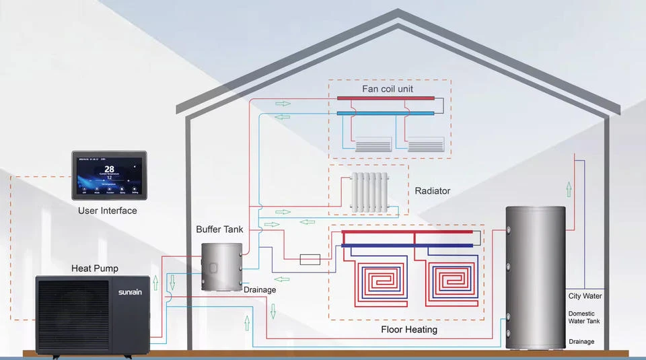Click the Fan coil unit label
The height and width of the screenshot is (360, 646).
[x=388, y=89]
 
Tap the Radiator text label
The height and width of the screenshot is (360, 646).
[x=432, y=191]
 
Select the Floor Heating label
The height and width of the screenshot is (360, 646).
[x=408, y=330]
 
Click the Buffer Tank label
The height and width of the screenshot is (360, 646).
[x=219, y=229]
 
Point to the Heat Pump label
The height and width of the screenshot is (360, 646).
[x=94, y=268]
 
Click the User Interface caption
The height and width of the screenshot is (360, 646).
[x=107, y=211]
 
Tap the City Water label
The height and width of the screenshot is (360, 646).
[x=585, y=296]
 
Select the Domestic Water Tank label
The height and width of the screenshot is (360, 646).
[x=583, y=318]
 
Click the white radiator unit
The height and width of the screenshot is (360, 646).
[x=369, y=192]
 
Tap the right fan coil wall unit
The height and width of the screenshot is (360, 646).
[x=426, y=144]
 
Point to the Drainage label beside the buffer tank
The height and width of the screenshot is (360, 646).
[x=259, y=290]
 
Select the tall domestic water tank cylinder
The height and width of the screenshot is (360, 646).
[x=536, y=277]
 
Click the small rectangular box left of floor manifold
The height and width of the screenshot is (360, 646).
[x=310, y=258]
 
